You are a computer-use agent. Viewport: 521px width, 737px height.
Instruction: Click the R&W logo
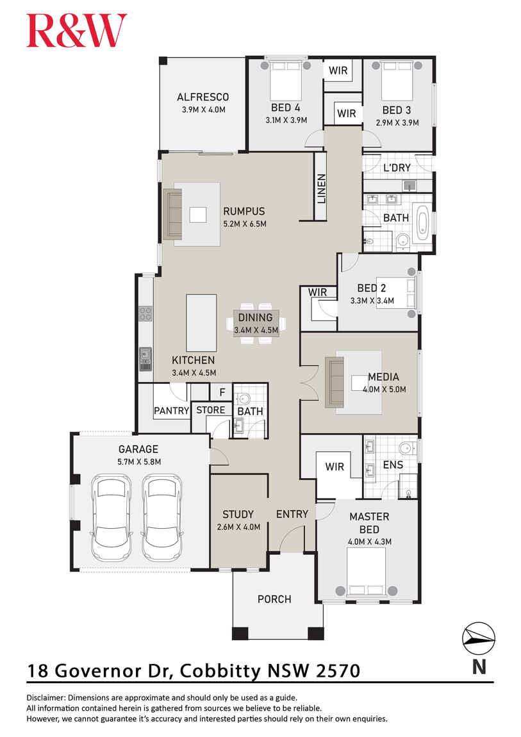76,31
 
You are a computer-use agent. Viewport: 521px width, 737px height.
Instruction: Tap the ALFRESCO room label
203,97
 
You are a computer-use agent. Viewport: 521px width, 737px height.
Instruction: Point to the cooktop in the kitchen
145,313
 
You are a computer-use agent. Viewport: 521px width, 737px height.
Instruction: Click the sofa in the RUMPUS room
173,214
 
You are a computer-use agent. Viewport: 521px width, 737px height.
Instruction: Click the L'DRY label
396,168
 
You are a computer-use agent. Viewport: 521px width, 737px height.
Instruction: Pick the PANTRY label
171,411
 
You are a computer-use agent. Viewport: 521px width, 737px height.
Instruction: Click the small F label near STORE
222,392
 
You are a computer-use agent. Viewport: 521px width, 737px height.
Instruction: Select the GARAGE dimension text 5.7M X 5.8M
138,461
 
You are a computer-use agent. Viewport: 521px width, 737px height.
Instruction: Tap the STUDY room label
238,514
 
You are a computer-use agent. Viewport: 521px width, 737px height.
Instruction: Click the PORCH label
274,599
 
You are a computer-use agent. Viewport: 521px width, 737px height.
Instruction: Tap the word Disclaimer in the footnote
46,697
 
